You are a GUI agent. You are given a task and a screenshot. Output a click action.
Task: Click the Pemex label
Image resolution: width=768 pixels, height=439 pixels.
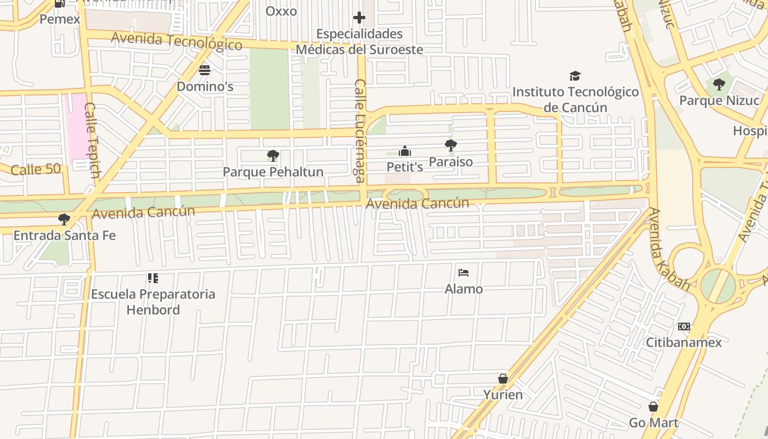click(60, 19)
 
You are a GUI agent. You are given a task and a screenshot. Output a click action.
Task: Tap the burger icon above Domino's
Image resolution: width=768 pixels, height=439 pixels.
click(205, 70)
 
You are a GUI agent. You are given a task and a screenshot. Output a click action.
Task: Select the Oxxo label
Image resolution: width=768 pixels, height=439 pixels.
click(281, 11)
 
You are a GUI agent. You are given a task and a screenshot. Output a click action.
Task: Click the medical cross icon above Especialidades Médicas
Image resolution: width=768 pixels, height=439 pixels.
click(359, 18)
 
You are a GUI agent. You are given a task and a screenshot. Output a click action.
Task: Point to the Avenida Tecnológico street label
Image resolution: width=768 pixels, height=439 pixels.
click(176, 41)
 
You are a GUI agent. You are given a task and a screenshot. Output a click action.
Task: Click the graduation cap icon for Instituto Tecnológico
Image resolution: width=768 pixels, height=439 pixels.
click(575, 76)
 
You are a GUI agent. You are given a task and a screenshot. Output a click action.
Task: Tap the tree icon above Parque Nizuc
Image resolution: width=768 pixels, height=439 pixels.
click(719, 85)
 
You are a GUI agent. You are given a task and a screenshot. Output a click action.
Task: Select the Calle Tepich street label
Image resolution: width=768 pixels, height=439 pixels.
click(92, 140)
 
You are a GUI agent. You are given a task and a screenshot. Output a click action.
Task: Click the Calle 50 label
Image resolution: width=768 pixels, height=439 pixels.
click(36, 170)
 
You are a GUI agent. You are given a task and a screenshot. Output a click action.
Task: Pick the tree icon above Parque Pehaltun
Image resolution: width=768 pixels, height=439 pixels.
click(273, 156)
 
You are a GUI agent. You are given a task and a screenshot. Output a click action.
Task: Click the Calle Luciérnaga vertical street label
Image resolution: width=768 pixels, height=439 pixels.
click(360, 131)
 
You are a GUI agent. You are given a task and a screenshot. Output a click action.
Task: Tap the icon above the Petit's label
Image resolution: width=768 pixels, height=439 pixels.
click(405, 151)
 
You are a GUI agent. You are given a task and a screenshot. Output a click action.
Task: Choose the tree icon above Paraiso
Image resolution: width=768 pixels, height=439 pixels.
click(450, 145)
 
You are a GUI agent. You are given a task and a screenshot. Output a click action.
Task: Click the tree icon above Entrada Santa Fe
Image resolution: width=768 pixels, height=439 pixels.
click(64, 219)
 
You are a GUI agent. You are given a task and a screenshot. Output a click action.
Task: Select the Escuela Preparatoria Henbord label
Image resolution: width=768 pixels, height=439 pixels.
click(153, 302)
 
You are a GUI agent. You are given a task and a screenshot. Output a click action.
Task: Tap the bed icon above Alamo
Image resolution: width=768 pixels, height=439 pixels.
click(464, 273)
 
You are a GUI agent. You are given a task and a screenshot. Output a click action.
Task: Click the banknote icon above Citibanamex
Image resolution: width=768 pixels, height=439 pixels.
click(684, 327)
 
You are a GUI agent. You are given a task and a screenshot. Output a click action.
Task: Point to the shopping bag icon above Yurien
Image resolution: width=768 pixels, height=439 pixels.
click(502, 379)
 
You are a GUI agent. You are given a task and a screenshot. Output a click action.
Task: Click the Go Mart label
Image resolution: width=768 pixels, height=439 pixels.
click(653, 423)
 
